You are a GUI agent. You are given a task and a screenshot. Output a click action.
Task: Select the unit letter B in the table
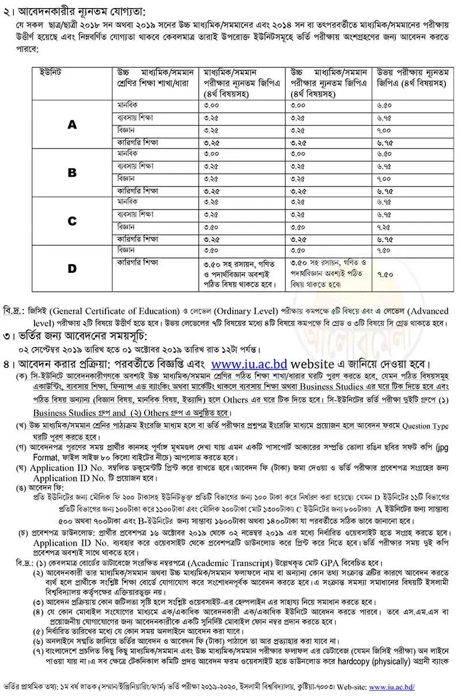72,173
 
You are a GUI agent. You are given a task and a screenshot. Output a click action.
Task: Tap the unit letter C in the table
72,220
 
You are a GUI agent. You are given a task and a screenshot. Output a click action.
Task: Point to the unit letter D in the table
72,269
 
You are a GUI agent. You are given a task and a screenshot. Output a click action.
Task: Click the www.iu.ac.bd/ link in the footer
392,687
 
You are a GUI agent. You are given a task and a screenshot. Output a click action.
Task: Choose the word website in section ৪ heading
319,364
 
